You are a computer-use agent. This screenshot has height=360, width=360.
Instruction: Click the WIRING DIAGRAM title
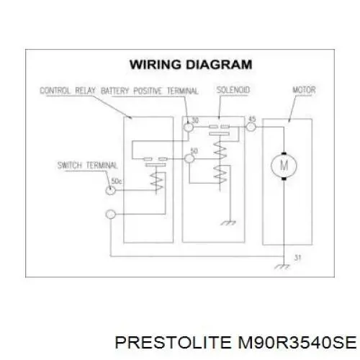tap(191, 64)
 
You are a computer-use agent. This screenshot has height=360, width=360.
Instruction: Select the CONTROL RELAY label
tap(67, 91)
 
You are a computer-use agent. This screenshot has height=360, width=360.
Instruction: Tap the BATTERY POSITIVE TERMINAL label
tap(150, 91)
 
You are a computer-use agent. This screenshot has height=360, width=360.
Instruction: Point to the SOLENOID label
tap(233, 90)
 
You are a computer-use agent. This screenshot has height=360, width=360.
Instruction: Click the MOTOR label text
tap(304, 90)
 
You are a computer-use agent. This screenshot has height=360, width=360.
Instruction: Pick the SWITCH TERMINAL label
tap(87, 166)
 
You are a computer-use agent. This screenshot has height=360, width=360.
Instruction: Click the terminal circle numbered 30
tap(189, 127)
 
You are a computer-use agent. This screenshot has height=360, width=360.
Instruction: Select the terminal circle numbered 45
tap(251, 127)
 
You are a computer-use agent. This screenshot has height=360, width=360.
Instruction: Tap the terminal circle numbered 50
tap(189, 158)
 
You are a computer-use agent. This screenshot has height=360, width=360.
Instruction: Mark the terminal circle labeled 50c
tap(111, 190)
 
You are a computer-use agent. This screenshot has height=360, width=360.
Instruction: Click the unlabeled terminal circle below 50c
tap(111, 215)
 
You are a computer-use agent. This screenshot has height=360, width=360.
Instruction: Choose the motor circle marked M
tap(284, 166)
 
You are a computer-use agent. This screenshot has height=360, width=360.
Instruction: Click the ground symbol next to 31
tap(282, 266)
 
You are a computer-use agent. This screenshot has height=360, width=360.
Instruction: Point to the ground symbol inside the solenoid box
tap(228, 223)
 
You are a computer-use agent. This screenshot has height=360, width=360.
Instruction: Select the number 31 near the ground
tap(297, 258)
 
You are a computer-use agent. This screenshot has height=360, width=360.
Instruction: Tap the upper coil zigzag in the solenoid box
tap(220, 150)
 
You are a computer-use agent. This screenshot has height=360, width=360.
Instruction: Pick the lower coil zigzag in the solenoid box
tap(220, 174)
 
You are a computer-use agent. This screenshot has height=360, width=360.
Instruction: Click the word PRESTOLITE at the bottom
tap(173, 342)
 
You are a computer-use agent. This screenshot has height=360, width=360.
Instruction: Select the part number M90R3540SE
tap(297, 342)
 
